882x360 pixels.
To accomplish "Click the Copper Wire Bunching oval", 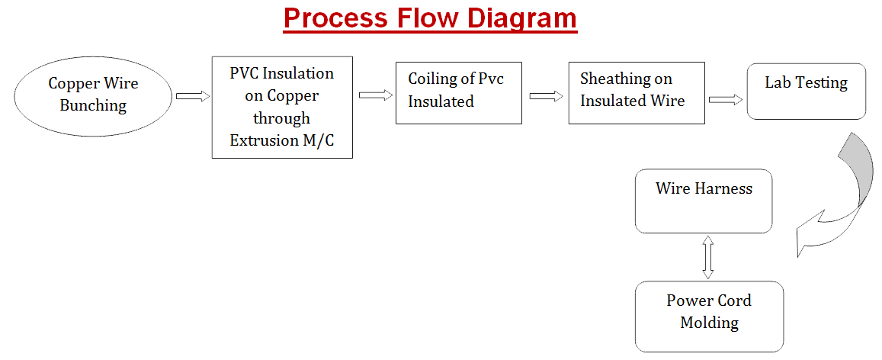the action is click(x=93, y=95).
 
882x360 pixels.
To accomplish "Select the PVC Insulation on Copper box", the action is click(x=282, y=107).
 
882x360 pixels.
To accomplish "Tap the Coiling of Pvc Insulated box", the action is click(x=459, y=93).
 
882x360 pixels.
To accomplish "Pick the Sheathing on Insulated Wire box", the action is click(x=637, y=93).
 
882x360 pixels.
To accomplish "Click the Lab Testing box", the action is click(x=806, y=91).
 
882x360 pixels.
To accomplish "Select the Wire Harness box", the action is click(x=703, y=201).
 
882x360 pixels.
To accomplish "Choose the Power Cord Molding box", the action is click(x=709, y=317).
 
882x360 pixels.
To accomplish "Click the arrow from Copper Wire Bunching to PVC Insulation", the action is click(x=192, y=96).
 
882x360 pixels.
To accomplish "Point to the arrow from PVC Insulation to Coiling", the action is click(x=375, y=95).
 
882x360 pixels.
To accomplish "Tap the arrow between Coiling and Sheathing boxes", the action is click(x=546, y=96).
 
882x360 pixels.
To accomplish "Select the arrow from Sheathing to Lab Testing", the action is click(x=726, y=100).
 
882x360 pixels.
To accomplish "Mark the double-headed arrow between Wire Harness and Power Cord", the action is click(x=707, y=257).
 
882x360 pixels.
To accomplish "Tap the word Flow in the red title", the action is click(x=426, y=18).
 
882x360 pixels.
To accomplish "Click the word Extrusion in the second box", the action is click(x=261, y=140).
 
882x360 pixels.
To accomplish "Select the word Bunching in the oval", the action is click(x=93, y=105).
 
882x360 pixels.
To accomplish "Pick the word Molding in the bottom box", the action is click(x=709, y=323).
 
